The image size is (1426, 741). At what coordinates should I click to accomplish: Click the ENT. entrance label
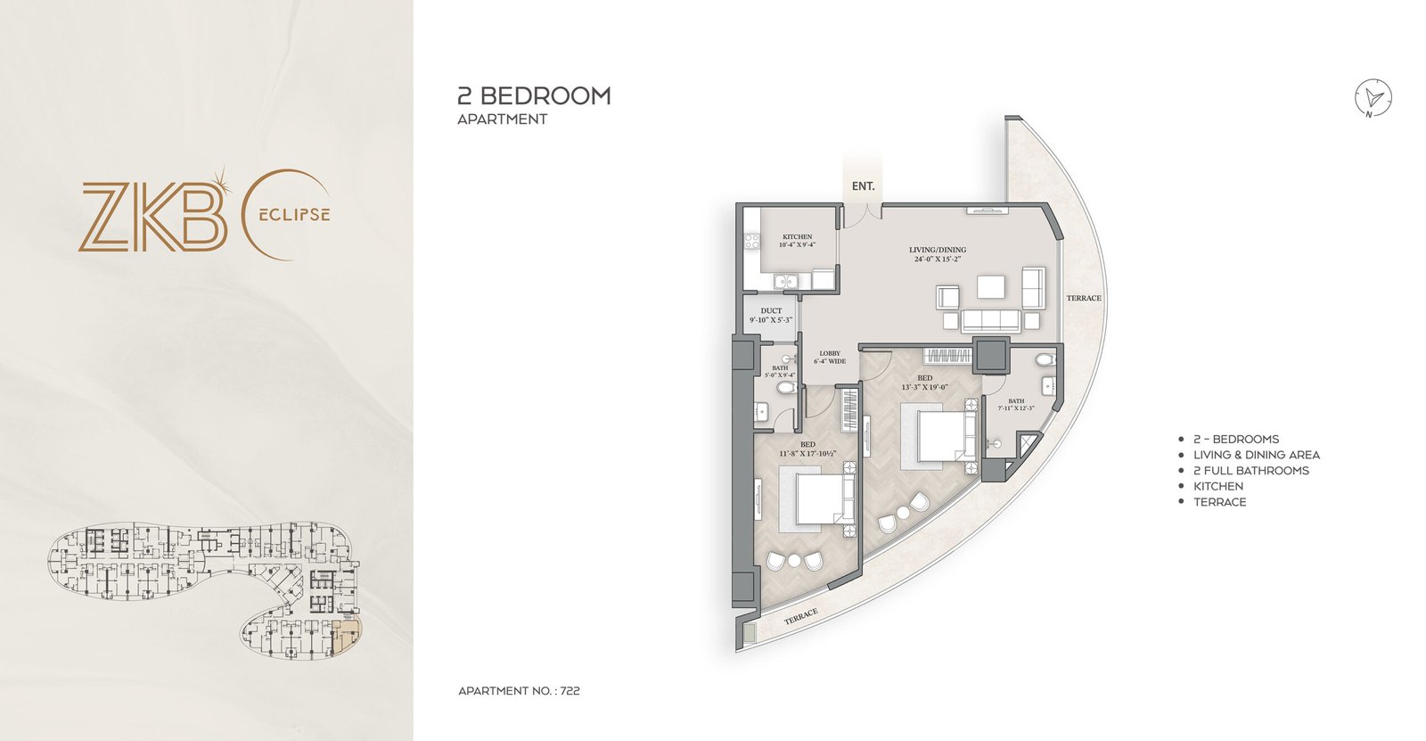(863, 186)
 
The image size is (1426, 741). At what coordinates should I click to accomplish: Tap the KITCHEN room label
(797, 237)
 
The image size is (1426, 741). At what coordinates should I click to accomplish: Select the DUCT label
(771, 311)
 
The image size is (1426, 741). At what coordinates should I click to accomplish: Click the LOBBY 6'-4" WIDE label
(830, 358)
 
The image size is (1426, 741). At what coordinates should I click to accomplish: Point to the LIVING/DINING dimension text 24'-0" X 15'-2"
(937, 260)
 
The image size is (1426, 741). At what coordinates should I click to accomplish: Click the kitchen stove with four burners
(751, 241)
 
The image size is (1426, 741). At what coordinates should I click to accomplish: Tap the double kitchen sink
(786, 282)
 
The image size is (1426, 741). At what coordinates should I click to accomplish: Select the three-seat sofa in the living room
(989, 320)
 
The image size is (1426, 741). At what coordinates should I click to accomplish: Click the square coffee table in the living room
(991, 287)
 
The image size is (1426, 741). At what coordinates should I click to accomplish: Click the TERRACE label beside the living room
(1083, 298)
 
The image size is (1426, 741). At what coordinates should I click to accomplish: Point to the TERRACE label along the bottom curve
(800, 616)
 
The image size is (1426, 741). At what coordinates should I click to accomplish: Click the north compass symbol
(1373, 98)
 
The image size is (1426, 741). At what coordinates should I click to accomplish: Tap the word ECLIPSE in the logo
(294, 215)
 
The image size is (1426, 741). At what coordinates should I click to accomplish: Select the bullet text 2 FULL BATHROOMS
(1250, 471)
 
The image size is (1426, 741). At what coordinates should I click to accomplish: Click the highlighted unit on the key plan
(347, 635)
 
